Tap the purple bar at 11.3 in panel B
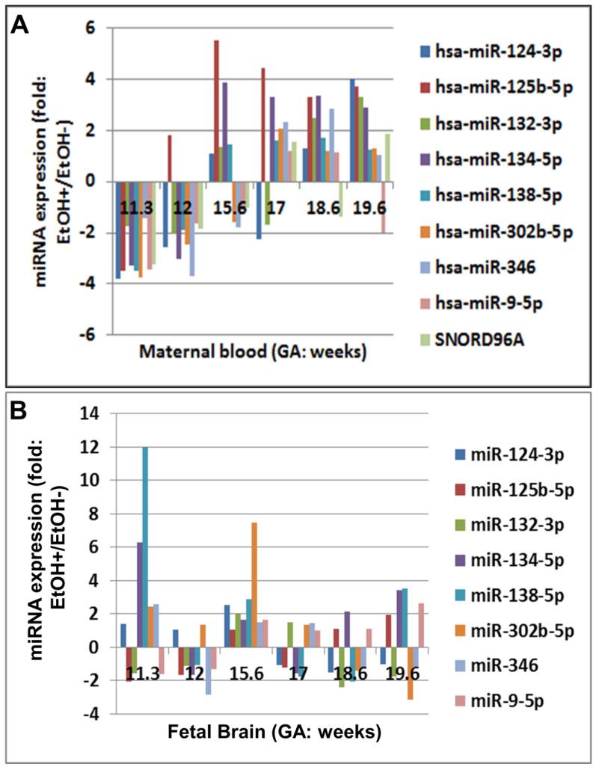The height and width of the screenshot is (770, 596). (139, 594)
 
